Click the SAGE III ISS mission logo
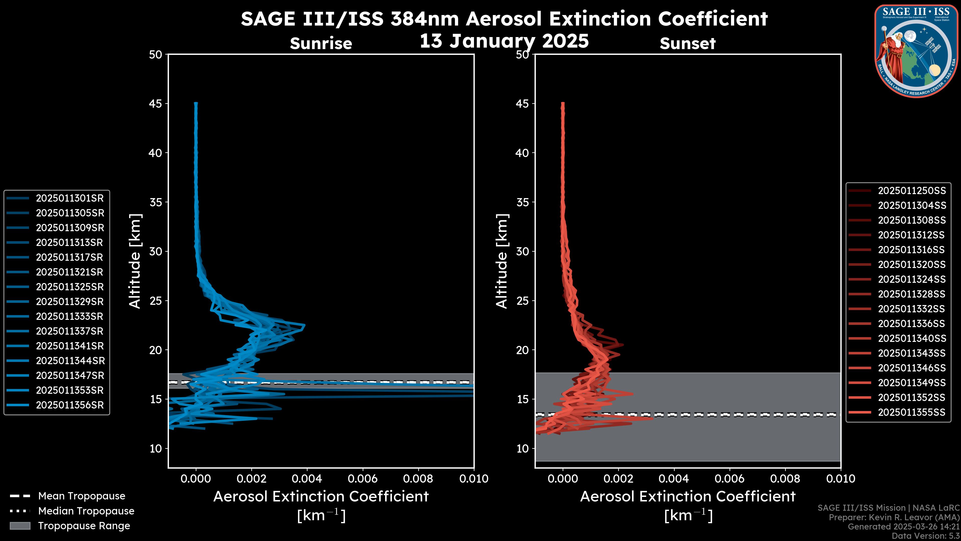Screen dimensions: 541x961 916,51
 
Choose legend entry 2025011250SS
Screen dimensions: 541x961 912,191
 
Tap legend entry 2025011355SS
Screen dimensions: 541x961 911,412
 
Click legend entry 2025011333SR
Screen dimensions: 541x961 69,317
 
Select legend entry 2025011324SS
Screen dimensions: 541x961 912,279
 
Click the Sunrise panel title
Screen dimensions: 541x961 321,44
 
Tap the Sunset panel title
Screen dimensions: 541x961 687,44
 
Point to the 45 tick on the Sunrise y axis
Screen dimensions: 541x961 156,104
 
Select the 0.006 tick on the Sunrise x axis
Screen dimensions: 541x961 363,479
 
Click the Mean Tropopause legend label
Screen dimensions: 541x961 82,496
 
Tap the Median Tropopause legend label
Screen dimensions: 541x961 86,511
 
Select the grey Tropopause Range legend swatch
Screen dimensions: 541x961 20,526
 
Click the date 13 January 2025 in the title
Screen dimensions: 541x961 504,41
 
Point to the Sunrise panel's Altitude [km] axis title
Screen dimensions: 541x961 135,261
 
